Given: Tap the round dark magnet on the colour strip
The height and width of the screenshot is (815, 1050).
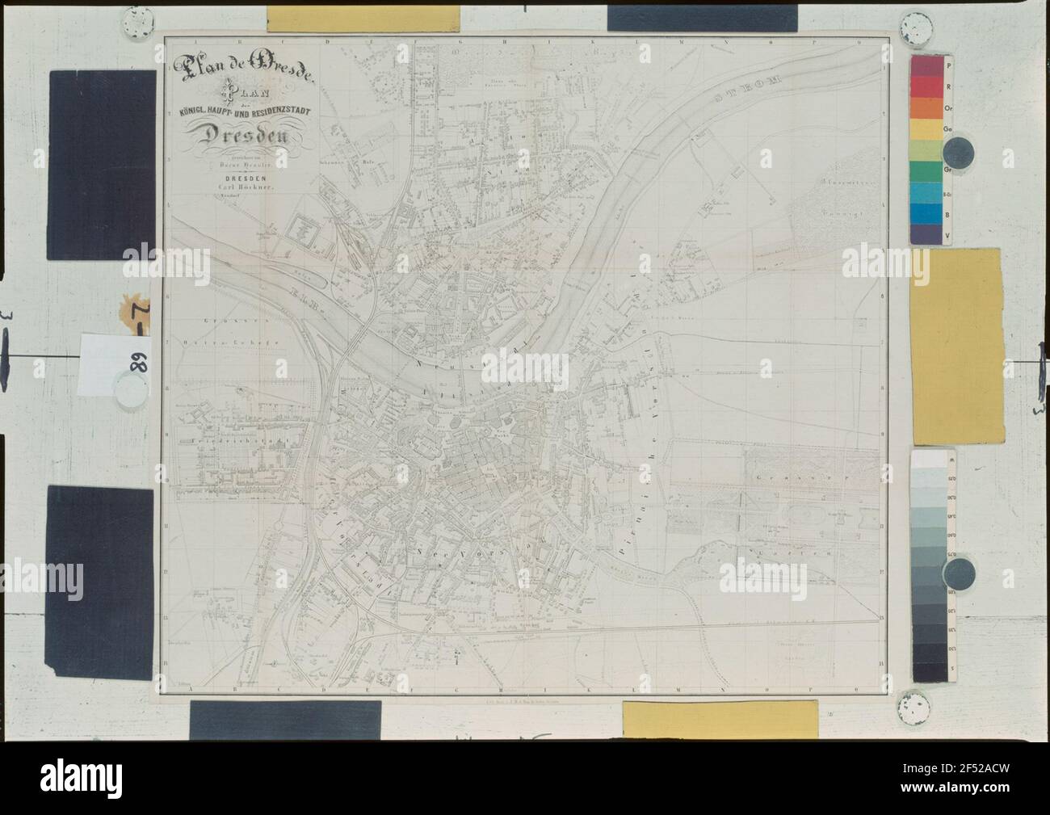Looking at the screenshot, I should [960, 150].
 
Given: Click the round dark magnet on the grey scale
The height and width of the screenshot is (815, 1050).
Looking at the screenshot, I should [960, 574].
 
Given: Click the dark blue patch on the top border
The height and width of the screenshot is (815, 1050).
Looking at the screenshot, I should [702, 17].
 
